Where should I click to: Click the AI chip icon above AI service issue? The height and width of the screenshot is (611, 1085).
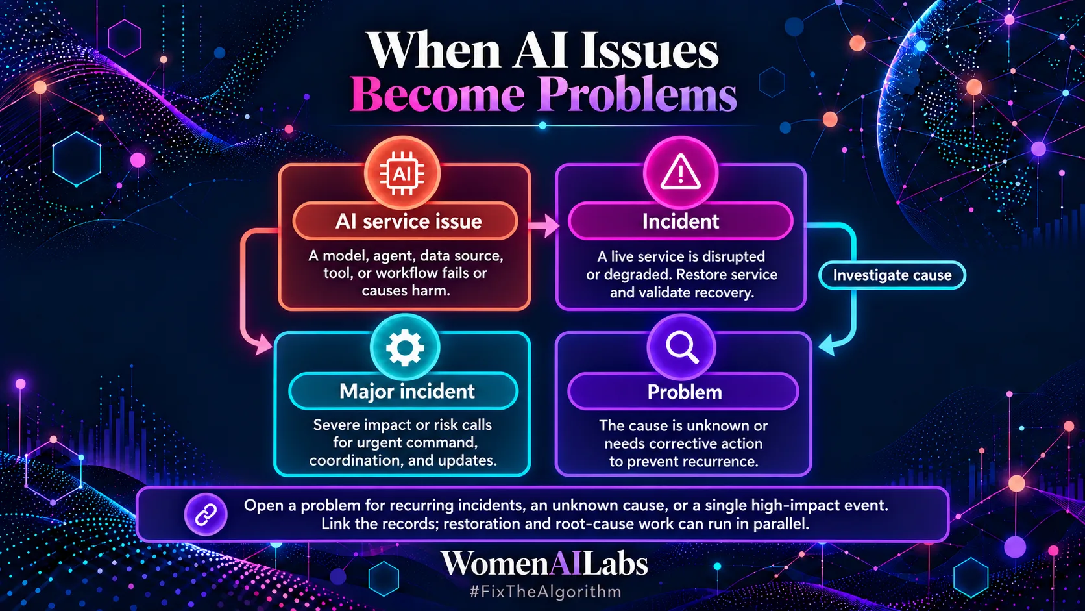(402, 173)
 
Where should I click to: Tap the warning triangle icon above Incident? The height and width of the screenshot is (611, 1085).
(681, 172)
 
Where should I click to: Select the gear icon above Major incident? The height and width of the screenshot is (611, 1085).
(405, 347)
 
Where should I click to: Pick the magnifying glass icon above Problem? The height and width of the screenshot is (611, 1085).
(681, 347)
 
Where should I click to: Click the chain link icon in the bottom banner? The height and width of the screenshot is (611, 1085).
(205, 514)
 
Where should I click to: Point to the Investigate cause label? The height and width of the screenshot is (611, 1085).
(892, 275)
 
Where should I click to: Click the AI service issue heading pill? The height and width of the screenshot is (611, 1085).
(406, 221)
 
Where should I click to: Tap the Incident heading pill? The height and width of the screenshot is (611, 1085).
(681, 221)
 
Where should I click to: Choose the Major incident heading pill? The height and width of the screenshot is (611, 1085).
(404, 392)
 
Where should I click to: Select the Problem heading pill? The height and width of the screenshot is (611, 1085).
(683, 392)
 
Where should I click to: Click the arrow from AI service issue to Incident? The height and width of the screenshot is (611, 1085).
(543, 225)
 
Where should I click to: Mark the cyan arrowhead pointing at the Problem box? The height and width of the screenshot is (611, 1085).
(826, 345)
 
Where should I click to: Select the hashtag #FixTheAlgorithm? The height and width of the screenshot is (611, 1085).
(545, 592)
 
